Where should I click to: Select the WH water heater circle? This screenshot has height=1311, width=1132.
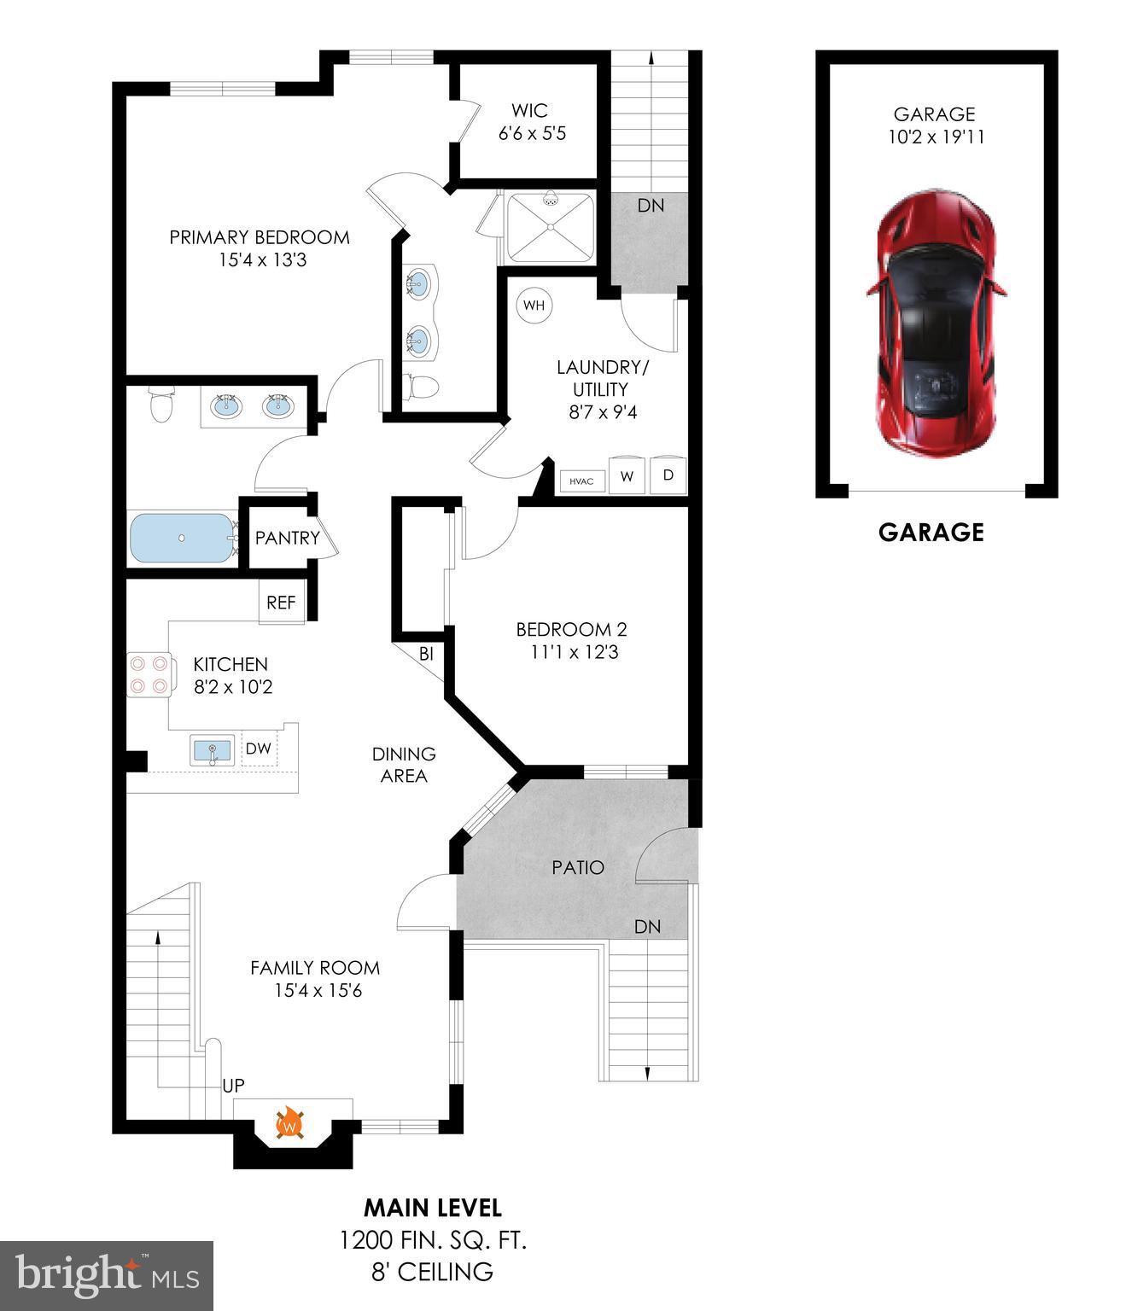(x=534, y=306)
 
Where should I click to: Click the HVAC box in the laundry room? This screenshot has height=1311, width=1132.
(x=581, y=481)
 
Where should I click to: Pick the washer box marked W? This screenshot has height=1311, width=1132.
(x=627, y=476)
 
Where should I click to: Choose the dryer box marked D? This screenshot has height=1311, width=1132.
(x=668, y=475)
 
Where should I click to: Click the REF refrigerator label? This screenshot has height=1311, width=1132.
(x=281, y=603)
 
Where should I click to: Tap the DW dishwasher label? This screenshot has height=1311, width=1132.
(x=259, y=749)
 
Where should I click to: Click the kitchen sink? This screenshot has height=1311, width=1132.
(x=212, y=751)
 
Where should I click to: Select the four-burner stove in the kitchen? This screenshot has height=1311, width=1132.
(x=148, y=674)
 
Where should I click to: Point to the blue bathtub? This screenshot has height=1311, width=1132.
(x=182, y=538)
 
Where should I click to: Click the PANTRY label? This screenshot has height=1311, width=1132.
(x=287, y=538)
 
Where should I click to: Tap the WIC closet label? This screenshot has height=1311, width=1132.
(x=529, y=110)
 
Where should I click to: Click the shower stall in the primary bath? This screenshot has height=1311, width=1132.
(x=551, y=227)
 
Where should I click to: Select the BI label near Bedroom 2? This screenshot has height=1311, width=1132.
(x=426, y=654)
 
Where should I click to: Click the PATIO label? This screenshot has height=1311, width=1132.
(x=578, y=867)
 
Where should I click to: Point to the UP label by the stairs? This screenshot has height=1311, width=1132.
(x=233, y=1086)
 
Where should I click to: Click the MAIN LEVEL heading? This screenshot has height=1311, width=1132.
(x=433, y=1208)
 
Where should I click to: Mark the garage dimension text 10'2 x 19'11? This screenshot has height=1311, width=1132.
(x=936, y=137)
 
